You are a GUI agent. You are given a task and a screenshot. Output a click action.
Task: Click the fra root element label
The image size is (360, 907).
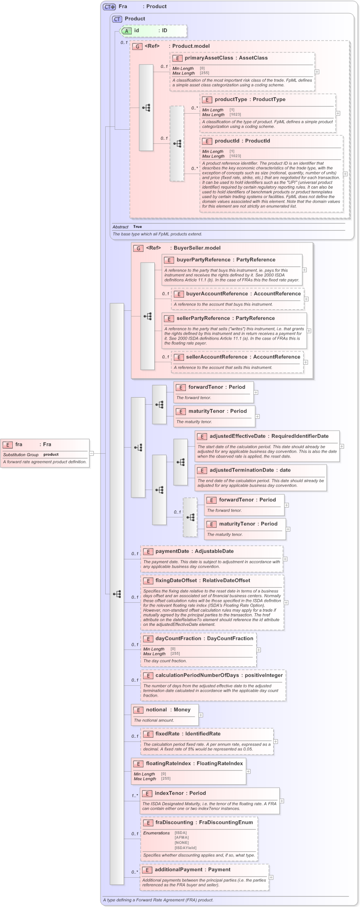coord(19,444)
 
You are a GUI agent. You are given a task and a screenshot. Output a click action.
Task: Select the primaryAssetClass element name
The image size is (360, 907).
coord(209,58)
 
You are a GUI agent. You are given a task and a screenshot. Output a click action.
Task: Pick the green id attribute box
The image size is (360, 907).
coord(153,31)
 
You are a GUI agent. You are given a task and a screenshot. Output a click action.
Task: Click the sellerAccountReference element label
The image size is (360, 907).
coord(216,357)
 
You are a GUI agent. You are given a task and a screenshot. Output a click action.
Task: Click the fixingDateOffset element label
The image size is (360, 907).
coord(176,581)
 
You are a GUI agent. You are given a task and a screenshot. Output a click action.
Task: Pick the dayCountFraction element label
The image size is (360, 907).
coord(178,639)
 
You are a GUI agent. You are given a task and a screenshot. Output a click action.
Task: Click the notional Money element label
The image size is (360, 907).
coord(156,710)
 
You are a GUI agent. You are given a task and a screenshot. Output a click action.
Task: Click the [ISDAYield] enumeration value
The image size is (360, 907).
coord(185,848)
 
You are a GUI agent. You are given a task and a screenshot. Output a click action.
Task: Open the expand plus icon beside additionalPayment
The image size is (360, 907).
coord(271,877)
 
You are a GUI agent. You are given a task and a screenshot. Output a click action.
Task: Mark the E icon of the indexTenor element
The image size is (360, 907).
coord(147,793)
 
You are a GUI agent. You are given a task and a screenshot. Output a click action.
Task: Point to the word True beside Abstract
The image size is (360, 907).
coord(137,227)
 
